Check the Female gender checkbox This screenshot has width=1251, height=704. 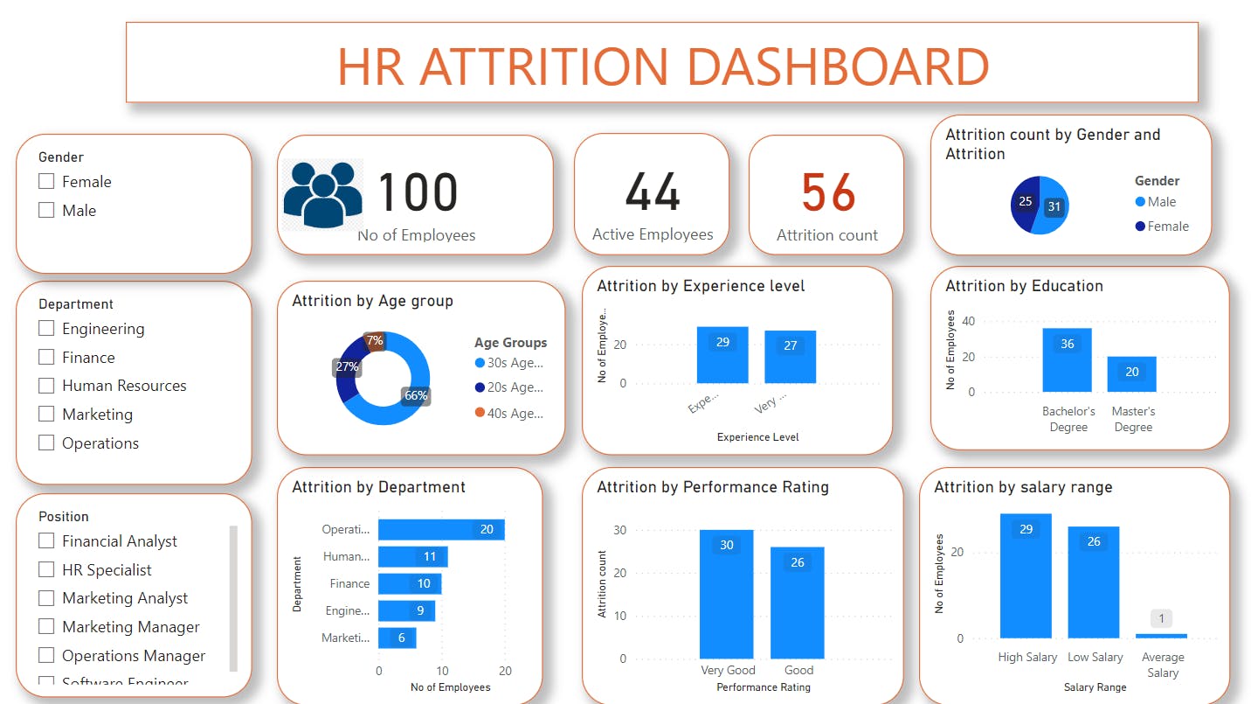click(x=46, y=182)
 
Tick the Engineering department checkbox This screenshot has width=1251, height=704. click(x=46, y=329)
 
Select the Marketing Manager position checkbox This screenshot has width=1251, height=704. click(x=46, y=627)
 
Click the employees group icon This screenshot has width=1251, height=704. click(x=322, y=193)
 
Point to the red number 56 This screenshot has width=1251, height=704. click(x=828, y=193)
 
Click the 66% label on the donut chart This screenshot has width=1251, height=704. click(x=416, y=395)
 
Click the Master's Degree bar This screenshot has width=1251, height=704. click(x=1131, y=374)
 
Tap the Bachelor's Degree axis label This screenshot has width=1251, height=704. click(x=1068, y=419)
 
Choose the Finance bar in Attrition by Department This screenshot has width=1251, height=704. click(x=410, y=583)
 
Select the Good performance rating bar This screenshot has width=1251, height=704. click(x=797, y=603)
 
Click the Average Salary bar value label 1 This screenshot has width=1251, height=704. click(x=1161, y=619)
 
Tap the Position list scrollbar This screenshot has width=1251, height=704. click(x=233, y=598)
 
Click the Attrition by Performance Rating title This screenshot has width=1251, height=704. click(x=713, y=487)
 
